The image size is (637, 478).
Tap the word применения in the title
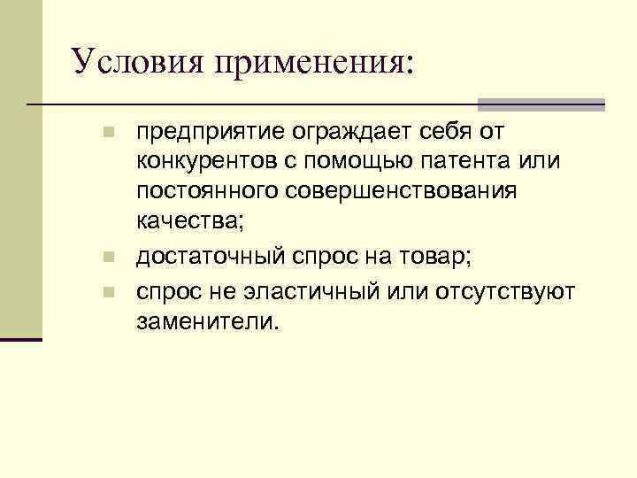(304, 63)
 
